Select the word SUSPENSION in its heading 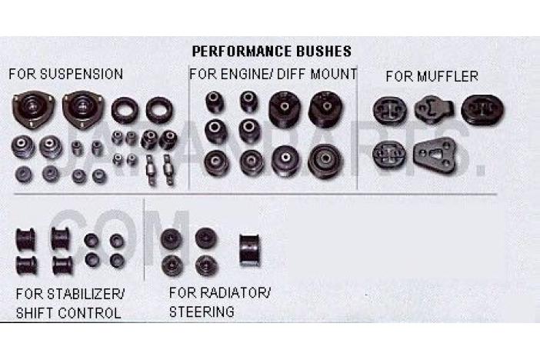82,74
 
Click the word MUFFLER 448,76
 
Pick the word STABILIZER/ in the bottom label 85,294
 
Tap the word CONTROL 89,313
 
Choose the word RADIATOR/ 235,293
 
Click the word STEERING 202,312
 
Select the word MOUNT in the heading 333,74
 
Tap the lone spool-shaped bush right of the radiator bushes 249,251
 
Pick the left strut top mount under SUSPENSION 33,109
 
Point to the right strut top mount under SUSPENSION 82,109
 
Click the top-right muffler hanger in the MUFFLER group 482,110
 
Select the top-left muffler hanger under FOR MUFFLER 389,110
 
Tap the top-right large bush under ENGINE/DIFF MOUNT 326,109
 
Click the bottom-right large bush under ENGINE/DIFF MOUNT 325,162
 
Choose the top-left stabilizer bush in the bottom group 25,239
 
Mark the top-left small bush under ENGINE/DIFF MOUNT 215,102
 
